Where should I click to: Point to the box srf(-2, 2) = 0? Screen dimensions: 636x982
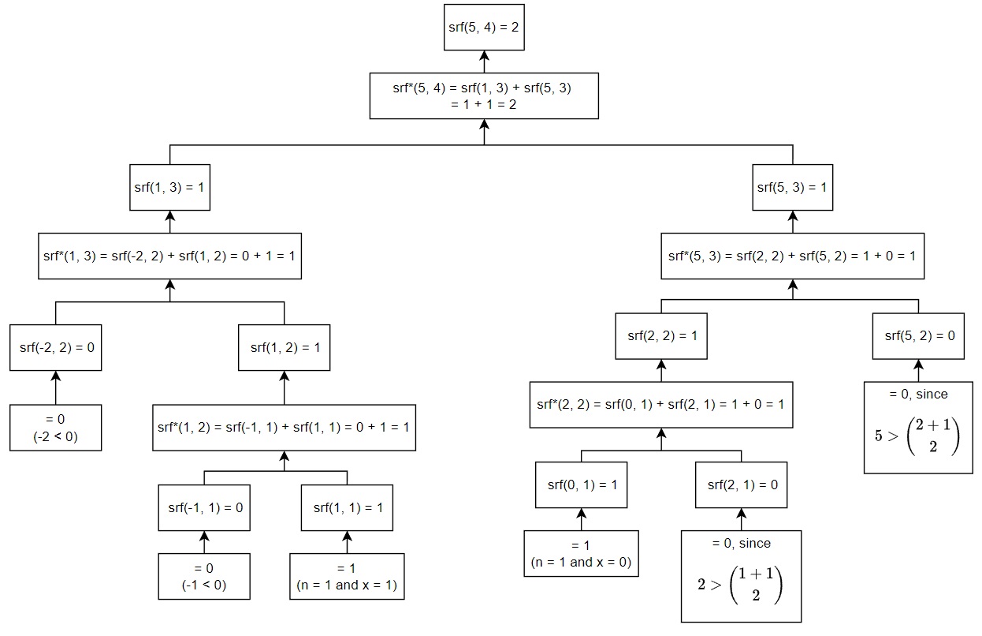point(56,347)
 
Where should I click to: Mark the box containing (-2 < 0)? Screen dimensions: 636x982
point(56,428)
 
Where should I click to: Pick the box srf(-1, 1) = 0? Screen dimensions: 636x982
point(205,507)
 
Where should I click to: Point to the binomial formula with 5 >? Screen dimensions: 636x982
point(917,436)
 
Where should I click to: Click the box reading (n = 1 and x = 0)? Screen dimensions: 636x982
point(582,554)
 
